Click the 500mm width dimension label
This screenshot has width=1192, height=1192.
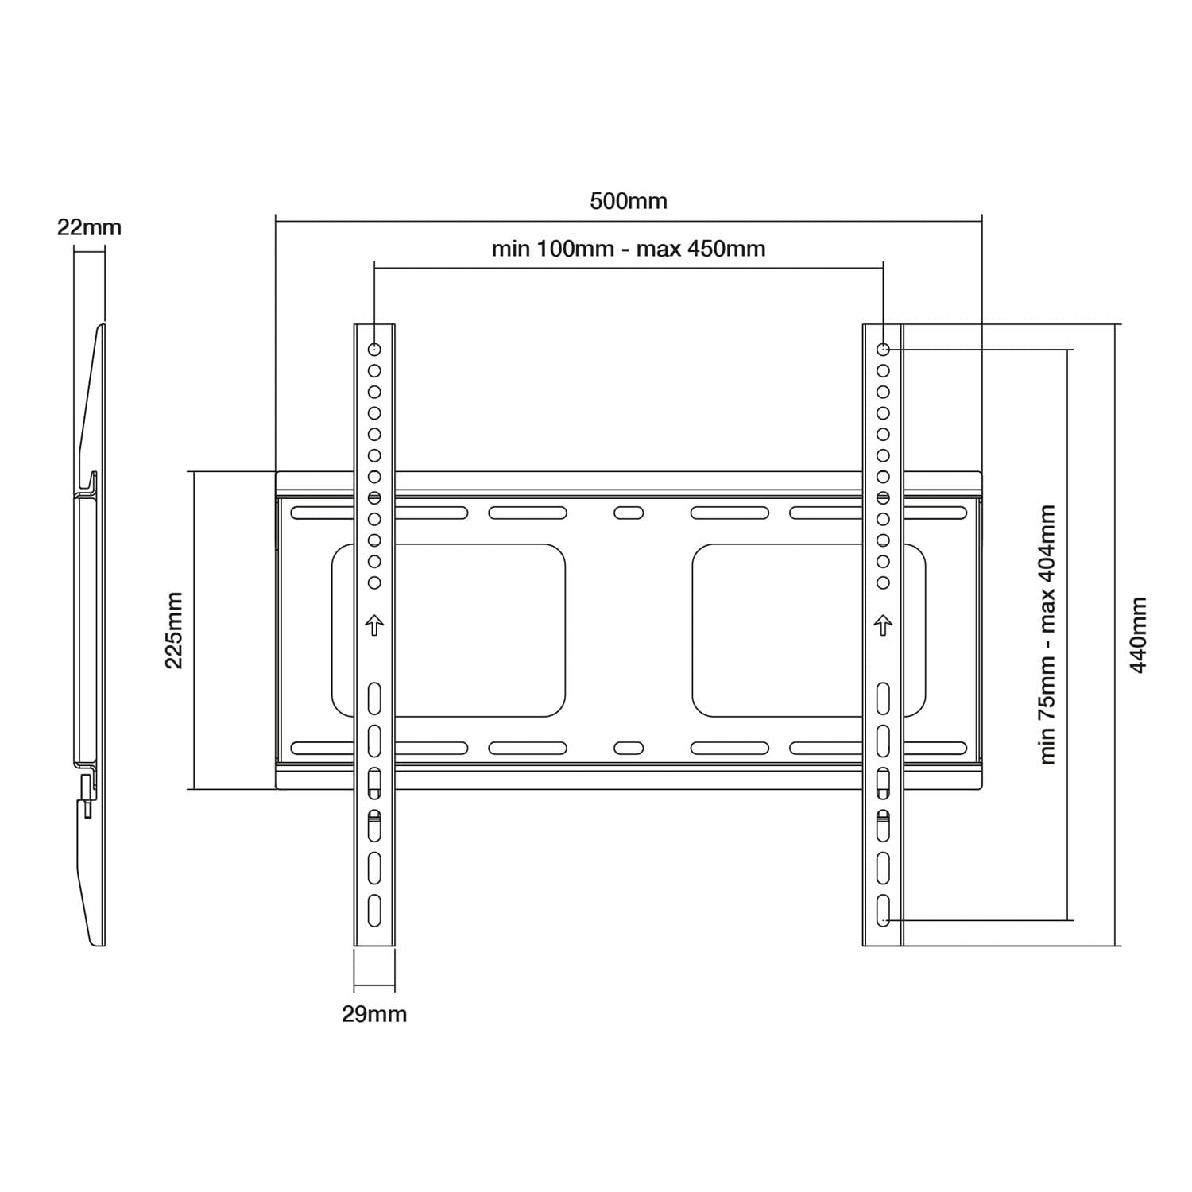[x=628, y=201]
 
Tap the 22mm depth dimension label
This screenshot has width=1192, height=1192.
[x=89, y=228]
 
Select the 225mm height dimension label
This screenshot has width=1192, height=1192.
[x=174, y=630]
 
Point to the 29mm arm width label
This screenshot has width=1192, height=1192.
[x=374, y=1014]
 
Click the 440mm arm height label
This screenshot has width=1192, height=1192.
[x=1138, y=635]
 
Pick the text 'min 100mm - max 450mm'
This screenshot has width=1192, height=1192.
[x=628, y=249]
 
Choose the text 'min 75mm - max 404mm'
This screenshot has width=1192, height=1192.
[x=1047, y=635]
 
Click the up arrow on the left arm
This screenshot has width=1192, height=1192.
[x=374, y=625]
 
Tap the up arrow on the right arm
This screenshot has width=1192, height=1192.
[x=883, y=625]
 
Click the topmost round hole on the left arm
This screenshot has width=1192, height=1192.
[x=374, y=350]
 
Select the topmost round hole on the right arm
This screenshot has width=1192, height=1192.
[x=883, y=350]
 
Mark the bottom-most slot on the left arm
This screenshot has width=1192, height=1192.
[x=374, y=910]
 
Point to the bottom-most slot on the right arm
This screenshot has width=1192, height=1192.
[x=883, y=910]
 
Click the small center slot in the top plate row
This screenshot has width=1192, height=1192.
[x=629, y=513]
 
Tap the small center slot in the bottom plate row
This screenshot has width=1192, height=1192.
[x=629, y=748]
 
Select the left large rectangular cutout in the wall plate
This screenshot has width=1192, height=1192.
[x=448, y=630]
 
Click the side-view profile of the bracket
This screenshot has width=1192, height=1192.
[x=90, y=636]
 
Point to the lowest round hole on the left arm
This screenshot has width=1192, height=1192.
[x=374, y=582]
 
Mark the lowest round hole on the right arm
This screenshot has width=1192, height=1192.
[x=883, y=582]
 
